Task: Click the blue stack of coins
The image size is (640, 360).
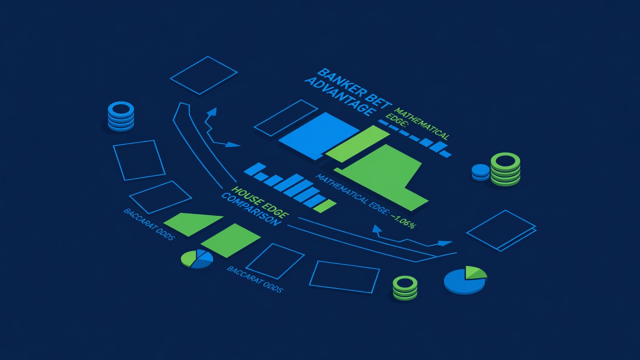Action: point(121,116)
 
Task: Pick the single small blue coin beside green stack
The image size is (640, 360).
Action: point(480,172)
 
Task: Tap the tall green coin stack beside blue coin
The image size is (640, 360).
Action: point(505,169)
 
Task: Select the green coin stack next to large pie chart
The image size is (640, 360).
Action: point(405,288)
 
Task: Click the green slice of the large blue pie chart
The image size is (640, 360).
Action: point(475,272)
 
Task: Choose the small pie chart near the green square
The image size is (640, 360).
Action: point(197,259)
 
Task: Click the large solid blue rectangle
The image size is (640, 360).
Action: point(318,136)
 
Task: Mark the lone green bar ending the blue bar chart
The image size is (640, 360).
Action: point(325,206)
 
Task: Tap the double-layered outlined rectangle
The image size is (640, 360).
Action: point(501,230)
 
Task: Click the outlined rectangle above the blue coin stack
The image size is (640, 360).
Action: point(203,75)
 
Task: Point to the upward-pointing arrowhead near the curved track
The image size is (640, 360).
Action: point(212,111)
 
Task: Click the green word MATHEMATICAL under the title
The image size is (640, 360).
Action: point(421,123)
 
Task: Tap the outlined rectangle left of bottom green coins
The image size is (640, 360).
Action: point(344,277)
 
